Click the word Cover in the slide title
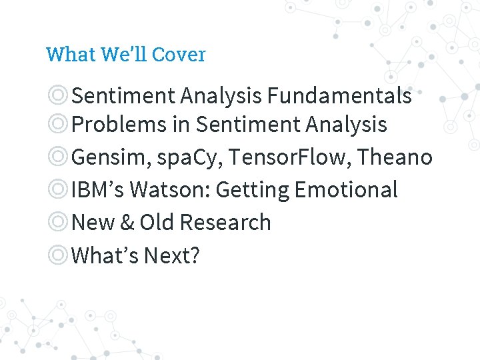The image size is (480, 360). click(x=179, y=55)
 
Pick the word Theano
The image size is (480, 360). click(x=395, y=157)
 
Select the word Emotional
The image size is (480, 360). click(x=346, y=190)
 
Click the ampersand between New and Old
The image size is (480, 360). click(x=127, y=223)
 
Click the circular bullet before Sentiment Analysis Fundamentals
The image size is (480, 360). click(x=58, y=96)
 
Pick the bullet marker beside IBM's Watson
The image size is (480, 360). click(x=58, y=190)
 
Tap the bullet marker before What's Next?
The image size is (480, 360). click(x=58, y=255)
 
